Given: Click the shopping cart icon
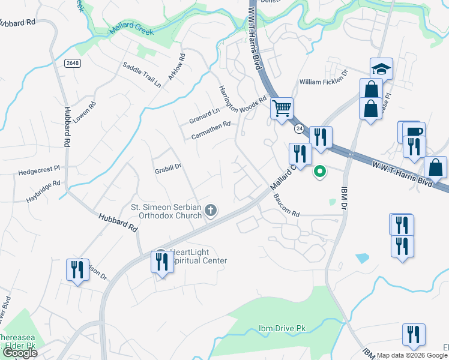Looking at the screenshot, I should (x=281, y=109).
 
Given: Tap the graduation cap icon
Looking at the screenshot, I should (x=381, y=69).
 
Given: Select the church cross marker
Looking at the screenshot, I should (x=210, y=210).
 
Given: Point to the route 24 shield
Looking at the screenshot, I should (x=298, y=128).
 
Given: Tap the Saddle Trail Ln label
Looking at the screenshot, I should (x=142, y=75).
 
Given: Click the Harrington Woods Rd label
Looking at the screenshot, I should (x=242, y=99).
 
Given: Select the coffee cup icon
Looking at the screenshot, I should (x=414, y=131).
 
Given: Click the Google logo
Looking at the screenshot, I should (x=20, y=353).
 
